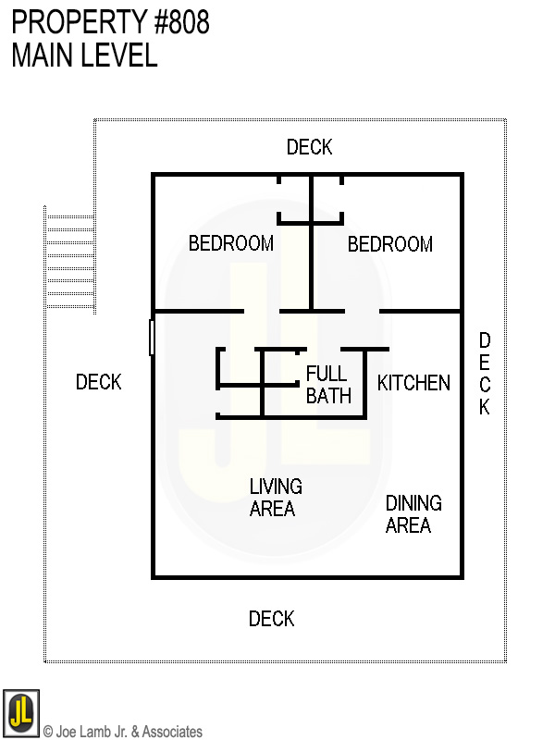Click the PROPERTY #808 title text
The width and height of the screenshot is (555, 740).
[110, 22]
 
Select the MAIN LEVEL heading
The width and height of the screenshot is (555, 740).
[84, 55]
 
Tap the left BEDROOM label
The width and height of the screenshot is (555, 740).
[230, 244]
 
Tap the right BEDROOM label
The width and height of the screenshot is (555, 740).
[389, 244]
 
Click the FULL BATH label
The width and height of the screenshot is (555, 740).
[327, 385]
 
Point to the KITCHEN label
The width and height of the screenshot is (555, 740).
[413, 383]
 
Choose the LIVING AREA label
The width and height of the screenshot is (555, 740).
[275, 498]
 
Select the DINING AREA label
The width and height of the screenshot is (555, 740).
[413, 514]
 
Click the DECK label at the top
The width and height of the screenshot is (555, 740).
[309, 147]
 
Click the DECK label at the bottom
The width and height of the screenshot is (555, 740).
[271, 619]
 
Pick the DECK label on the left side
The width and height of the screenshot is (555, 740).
[98, 382]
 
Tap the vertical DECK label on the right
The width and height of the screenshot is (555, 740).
[484, 375]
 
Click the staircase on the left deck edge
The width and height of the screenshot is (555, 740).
[69, 261]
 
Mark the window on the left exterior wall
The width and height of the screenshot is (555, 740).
[152, 337]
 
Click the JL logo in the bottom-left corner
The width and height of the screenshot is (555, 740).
[20, 713]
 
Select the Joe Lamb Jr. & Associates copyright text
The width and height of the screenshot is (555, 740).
[122, 732]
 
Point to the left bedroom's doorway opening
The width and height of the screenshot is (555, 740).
[262, 311]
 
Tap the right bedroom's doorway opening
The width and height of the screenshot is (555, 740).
[363, 311]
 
